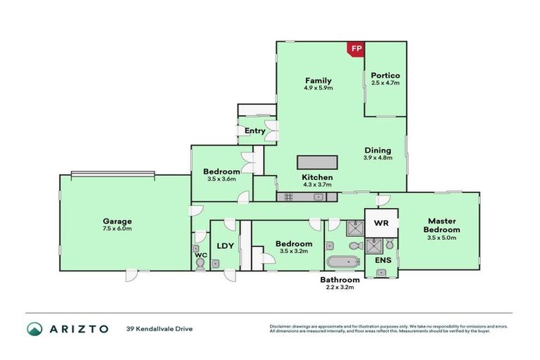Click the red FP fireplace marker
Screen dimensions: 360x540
pos(356,49)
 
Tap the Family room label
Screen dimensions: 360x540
pos(318,80)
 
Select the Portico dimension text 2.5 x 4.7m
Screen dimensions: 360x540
pos(385,83)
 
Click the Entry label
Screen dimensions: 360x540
pos(255,131)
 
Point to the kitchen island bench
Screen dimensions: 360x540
pos(318,162)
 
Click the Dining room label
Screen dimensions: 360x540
pos(378,150)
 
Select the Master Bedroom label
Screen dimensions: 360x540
pos(441,225)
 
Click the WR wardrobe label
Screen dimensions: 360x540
pos(380,223)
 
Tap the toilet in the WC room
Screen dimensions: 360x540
pos(200,263)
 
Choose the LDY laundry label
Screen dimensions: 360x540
pos(225,245)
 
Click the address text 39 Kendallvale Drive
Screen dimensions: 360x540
pos(159,328)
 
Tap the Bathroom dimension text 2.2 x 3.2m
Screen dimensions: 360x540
pos(340,288)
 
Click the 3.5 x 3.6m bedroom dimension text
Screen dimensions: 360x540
pos(221,179)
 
